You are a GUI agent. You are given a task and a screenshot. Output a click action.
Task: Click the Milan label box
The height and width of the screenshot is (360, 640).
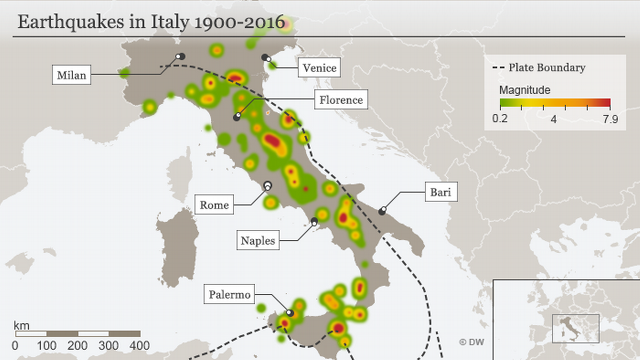pyautogui.click(x=72, y=75)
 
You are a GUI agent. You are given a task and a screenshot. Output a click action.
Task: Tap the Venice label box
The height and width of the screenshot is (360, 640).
pyautogui.click(x=319, y=67)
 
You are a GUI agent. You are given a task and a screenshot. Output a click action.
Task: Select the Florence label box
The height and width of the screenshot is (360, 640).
pyautogui.click(x=341, y=99)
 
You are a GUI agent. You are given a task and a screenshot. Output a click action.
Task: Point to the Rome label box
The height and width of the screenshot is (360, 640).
pyautogui.click(x=214, y=205)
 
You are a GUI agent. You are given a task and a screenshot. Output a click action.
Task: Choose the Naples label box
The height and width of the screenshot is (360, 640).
pyautogui.click(x=258, y=240)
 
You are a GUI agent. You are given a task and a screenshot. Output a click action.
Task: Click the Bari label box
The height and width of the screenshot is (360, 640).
pyautogui.click(x=441, y=192)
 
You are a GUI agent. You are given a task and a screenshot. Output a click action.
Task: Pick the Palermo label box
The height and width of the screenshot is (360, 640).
pyautogui.click(x=230, y=294)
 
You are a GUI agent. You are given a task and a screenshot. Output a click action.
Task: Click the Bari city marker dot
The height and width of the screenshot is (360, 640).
pyautogui.click(x=382, y=212)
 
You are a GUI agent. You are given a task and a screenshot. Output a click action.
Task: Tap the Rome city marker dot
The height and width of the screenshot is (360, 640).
pyautogui.click(x=268, y=185)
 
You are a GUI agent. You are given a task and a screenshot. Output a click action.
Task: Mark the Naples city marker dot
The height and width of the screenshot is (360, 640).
pyautogui.click(x=314, y=221)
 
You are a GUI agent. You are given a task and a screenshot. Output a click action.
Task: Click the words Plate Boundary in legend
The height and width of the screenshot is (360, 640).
pyautogui.click(x=547, y=68)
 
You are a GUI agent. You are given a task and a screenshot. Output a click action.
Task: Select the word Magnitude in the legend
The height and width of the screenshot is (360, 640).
pyautogui.click(x=525, y=90)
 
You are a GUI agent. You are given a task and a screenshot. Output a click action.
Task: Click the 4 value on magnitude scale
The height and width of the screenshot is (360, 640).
pyautogui.click(x=554, y=119)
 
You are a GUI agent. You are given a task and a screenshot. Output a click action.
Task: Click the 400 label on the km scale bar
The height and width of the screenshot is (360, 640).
pyautogui.click(x=140, y=346)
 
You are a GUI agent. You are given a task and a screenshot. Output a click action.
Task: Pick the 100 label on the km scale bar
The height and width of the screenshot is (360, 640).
pyautogui.click(x=47, y=346)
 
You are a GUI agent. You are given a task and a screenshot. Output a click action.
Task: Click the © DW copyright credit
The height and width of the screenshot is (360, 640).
pyautogui.click(x=471, y=342)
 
